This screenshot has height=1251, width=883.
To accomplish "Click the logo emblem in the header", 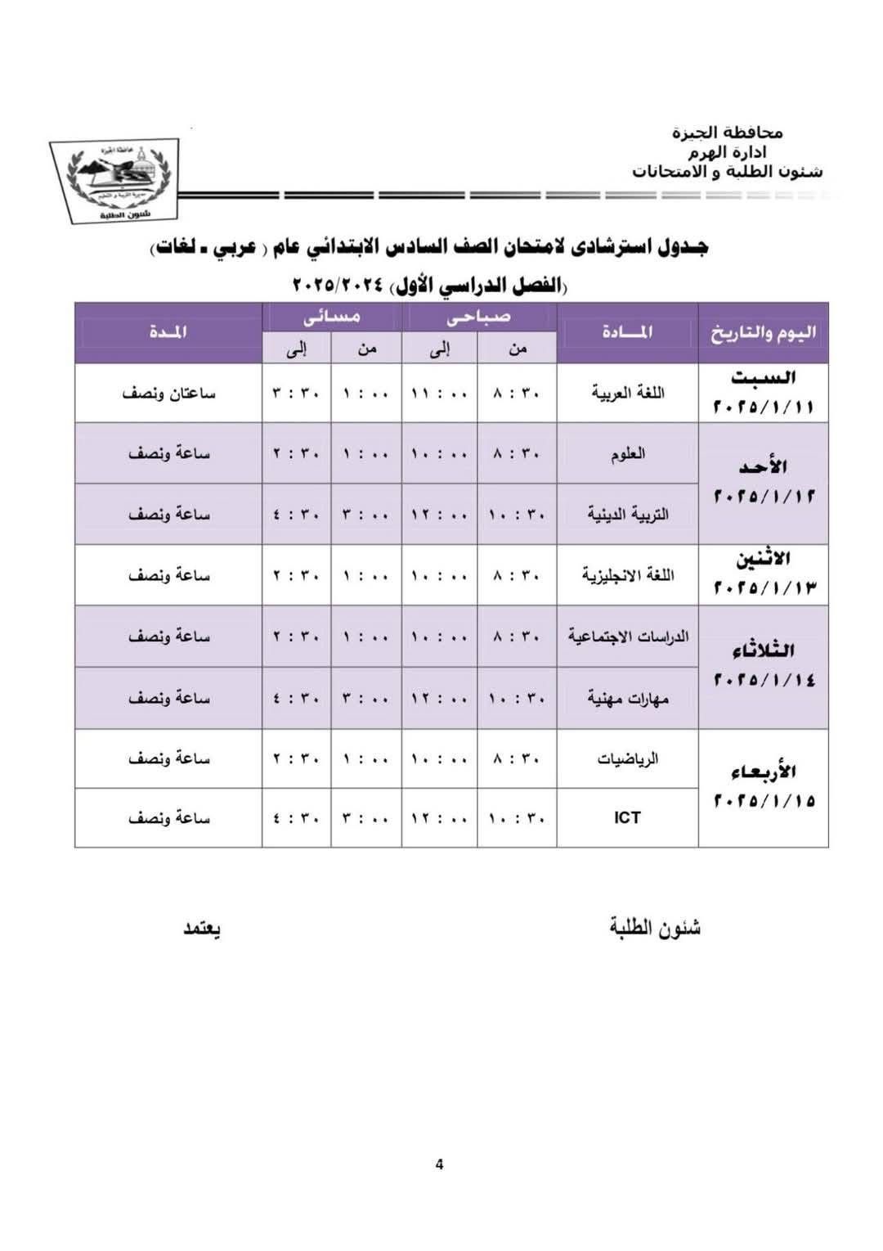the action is pyautogui.click(x=114, y=181).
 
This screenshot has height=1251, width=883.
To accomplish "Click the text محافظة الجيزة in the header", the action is pyautogui.click(x=727, y=133).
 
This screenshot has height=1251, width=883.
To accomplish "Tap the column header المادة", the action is pyautogui.click(x=627, y=332).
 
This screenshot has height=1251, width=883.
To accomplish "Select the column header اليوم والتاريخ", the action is pyautogui.click(x=763, y=332).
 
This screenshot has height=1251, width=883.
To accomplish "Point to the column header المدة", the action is pyautogui.click(x=168, y=332).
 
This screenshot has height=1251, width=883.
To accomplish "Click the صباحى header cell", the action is pyautogui.click(x=479, y=317).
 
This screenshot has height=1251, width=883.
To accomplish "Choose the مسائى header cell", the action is pyautogui.click(x=332, y=317).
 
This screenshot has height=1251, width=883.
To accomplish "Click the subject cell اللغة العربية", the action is pyautogui.click(x=627, y=393).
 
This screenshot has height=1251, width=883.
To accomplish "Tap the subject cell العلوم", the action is pyautogui.click(x=627, y=453).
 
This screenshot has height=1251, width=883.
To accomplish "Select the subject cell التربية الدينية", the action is pyautogui.click(x=627, y=514).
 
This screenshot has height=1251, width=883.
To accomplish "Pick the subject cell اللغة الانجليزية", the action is pyautogui.click(x=627, y=575).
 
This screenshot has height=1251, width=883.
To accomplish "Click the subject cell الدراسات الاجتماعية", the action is pyautogui.click(x=627, y=637).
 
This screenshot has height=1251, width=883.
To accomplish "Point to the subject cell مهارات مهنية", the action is pyautogui.click(x=627, y=698).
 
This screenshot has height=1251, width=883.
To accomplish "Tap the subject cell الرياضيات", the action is pyautogui.click(x=627, y=758).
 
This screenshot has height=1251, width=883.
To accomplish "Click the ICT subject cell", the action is pyautogui.click(x=627, y=817).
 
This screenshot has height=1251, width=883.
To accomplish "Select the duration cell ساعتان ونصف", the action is pyautogui.click(x=168, y=393).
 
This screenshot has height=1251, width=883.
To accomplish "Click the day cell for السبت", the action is pyautogui.click(x=763, y=393).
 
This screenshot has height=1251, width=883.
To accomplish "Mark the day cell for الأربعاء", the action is pyautogui.click(x=763, y=786).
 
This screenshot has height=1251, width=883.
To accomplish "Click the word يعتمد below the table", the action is pyautogui.click(x=202, y=929).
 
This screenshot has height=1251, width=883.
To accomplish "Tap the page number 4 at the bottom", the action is pyautogui.click(x=440, y=1164).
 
